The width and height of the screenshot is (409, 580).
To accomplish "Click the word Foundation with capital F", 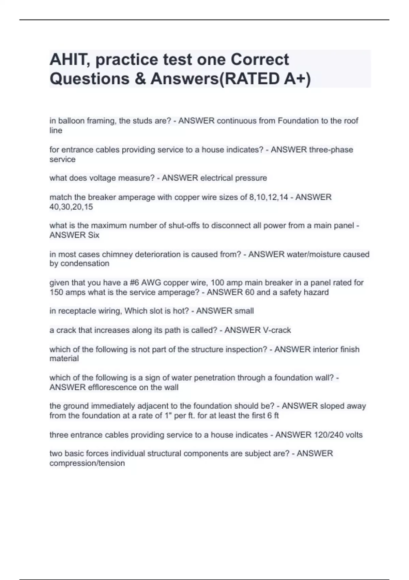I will [x=298, y=121].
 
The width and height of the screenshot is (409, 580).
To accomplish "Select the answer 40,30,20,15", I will [x=71, y=207].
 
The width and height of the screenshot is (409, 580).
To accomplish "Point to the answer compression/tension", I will [x=87, y=463].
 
